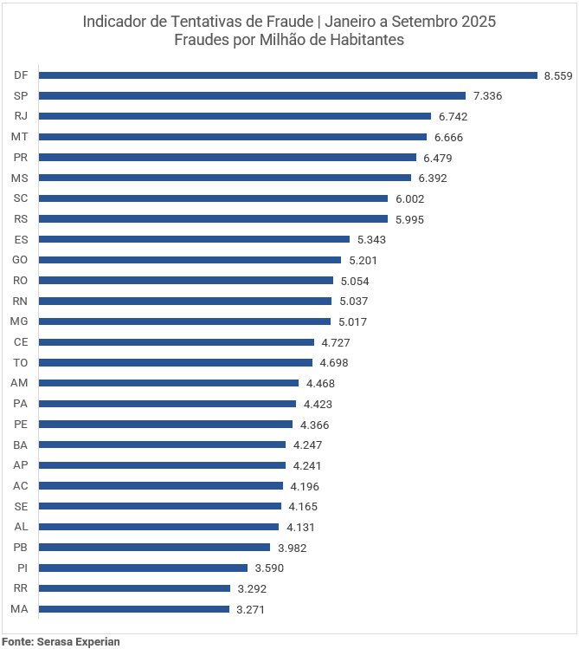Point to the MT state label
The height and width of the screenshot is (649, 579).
coord(20,137)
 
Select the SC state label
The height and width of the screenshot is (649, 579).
coord(21,198)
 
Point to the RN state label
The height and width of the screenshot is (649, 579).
coord(21,301)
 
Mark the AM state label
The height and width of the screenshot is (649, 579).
coord(20,383)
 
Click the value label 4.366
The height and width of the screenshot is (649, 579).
coord(314,425)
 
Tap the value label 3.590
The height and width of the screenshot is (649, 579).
coord(269,568)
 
